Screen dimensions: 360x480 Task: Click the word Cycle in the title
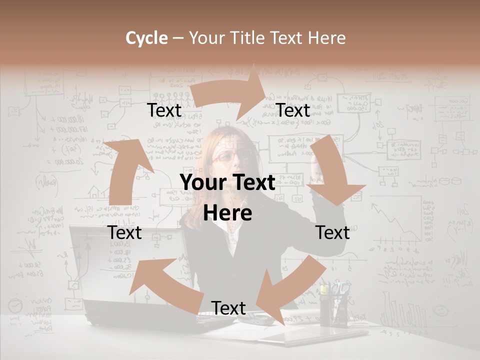[145, 38]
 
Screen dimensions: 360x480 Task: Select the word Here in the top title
[326, 38]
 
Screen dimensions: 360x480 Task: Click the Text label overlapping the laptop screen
[125, 232]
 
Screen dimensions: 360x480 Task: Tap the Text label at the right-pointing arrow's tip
[293, 110]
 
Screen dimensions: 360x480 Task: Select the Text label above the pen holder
[332, 232]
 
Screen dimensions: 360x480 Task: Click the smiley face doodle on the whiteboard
[439, 310]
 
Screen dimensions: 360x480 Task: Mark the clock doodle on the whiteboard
[16, 305]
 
